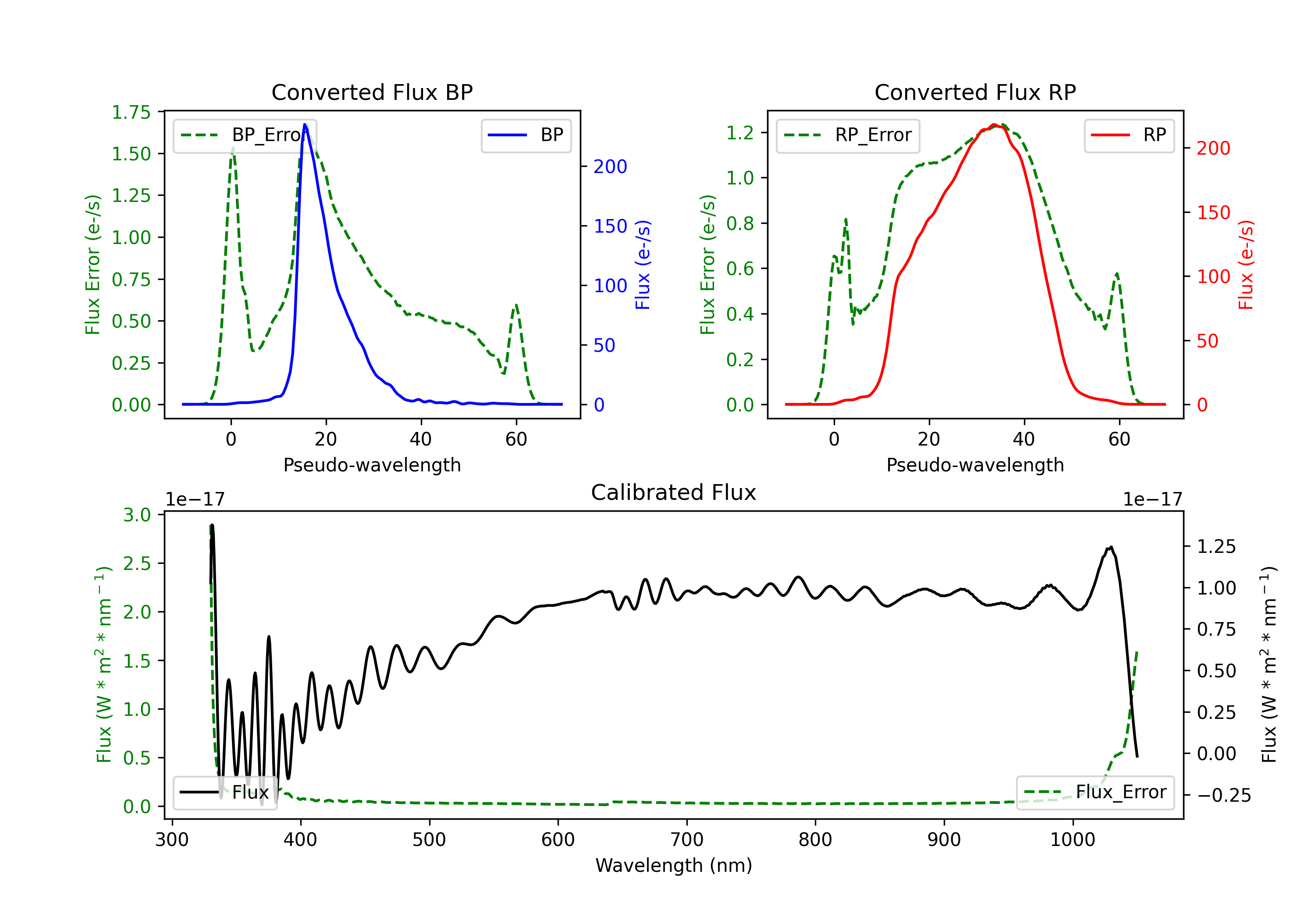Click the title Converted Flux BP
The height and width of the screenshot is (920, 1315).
point(372,92)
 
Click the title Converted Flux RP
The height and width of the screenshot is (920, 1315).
point(975,92)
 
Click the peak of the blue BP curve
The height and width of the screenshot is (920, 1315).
point(305,125)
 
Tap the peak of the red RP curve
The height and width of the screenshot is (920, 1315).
point(994,125)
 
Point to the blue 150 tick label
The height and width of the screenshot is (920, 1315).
point(610,226)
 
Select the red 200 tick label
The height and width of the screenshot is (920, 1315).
point(1213,148)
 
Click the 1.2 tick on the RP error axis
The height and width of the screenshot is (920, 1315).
point(739,133)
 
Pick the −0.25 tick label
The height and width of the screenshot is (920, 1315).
point(1223,795)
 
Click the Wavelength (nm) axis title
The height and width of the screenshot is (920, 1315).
point(674,865)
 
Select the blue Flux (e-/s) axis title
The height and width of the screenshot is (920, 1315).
point(643,265)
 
